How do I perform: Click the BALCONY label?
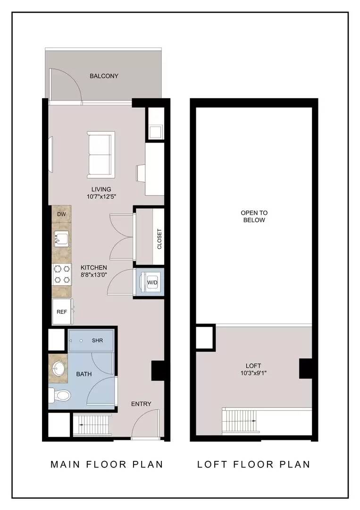104,76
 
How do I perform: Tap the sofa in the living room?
100,155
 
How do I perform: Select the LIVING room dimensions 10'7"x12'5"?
101,196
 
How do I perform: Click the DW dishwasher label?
61,214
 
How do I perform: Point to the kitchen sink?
61,238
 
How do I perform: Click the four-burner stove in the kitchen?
62,274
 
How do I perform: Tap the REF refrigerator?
62,312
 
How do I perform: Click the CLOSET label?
159,239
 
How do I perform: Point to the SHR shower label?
98,340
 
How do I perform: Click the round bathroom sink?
59,369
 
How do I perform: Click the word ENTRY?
141,404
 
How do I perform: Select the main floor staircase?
92,425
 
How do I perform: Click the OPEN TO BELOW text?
254,216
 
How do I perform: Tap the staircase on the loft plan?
241,421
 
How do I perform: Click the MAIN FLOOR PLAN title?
107,464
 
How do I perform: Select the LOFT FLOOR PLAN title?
254,464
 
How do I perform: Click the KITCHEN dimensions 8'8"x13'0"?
94,275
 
